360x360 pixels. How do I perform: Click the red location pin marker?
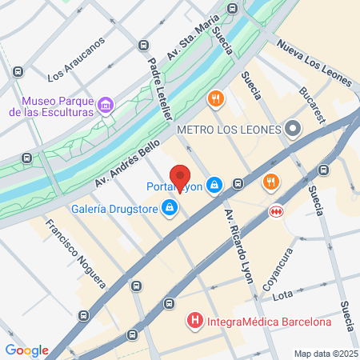click(x=180, y=177)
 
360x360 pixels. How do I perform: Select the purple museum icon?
click(x=105, y=106)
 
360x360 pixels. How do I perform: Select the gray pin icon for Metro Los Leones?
click(x=294, y=128)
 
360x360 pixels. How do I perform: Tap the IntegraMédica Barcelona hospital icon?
click(x=194, y=322)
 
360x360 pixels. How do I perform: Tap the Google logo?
click(x=26, y=350)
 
